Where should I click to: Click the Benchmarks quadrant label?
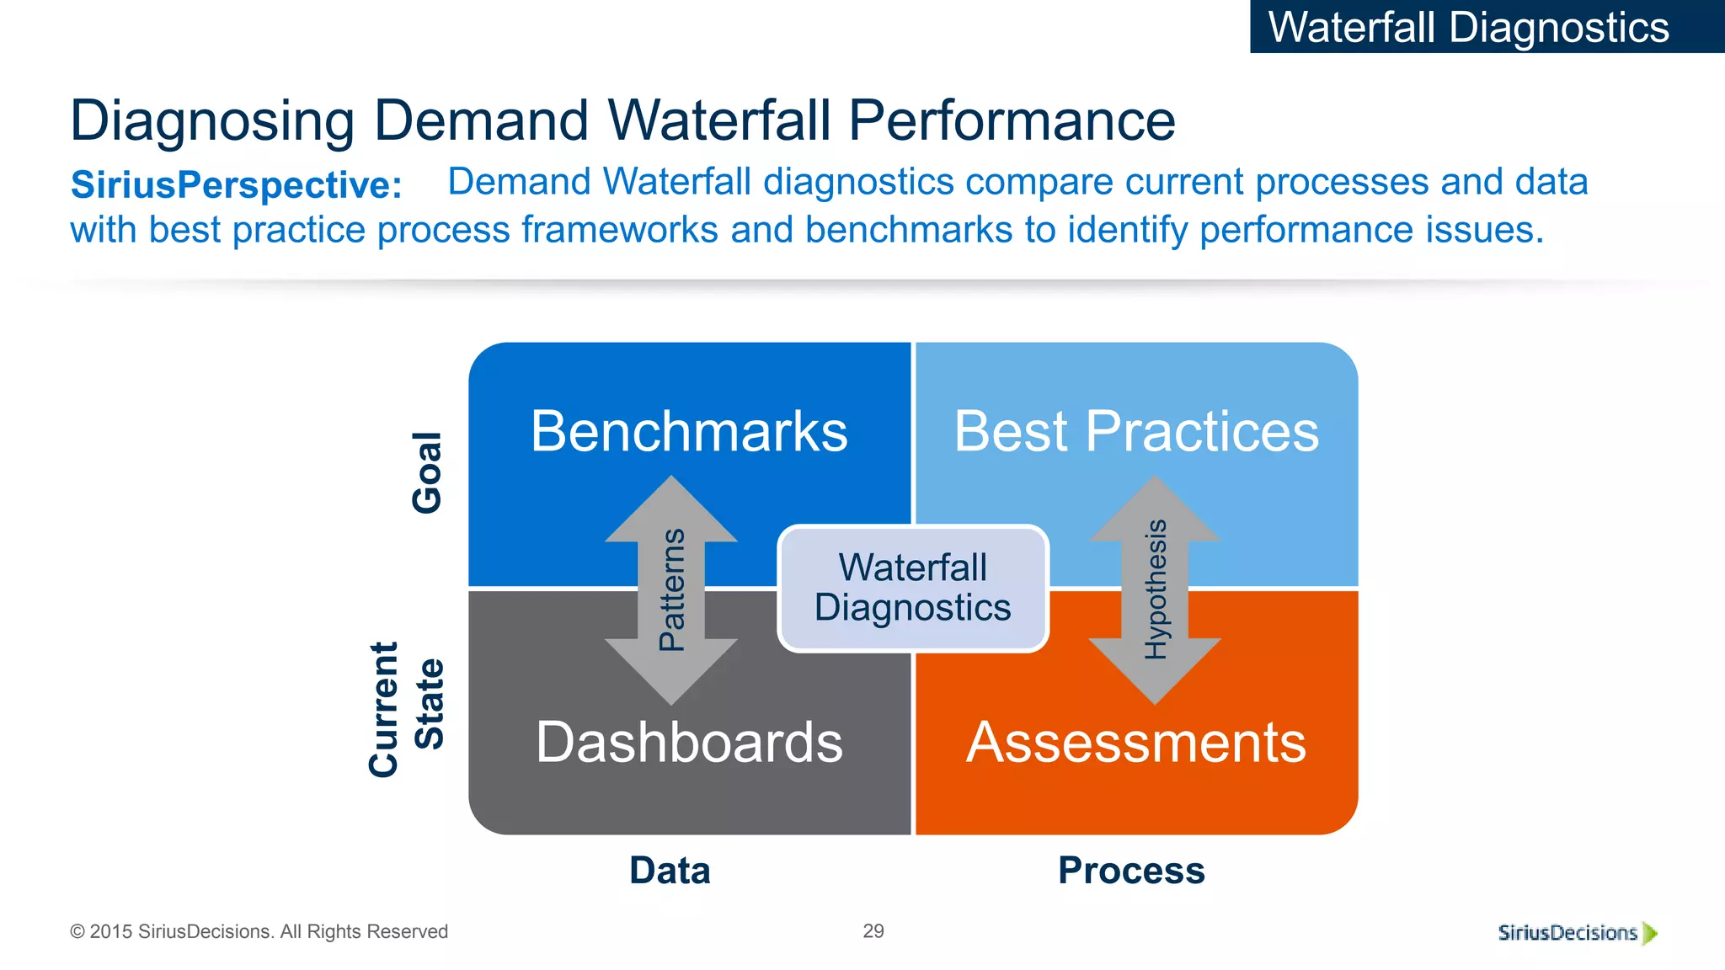[x=689, y=432]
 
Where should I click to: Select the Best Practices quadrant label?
[x=1136, y=432]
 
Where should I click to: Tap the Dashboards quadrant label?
[x=689, y=743]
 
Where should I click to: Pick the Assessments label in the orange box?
[x=1136, y=743]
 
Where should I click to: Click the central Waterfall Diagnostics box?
[x=913, y=588]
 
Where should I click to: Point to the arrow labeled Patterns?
[x=671, y=589]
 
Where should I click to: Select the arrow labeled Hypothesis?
[x=1155, y=589]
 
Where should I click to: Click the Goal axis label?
[x=427, y=472]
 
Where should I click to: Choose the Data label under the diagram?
[x=670, y=871]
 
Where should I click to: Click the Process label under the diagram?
[x=1131, y=871]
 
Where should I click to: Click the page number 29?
[x=873, y=931]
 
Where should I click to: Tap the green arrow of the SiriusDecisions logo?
[x=1650, y=933]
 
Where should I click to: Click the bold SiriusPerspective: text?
[x=237, y=185]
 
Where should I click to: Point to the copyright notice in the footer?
[x=259, y=932]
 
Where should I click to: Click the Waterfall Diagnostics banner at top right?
[x=1469, y=27]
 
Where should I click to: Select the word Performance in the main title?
[x=1012, y=120]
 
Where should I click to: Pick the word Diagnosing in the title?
[x=212, y=120]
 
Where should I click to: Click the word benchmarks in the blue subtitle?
[x=908, y=230]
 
